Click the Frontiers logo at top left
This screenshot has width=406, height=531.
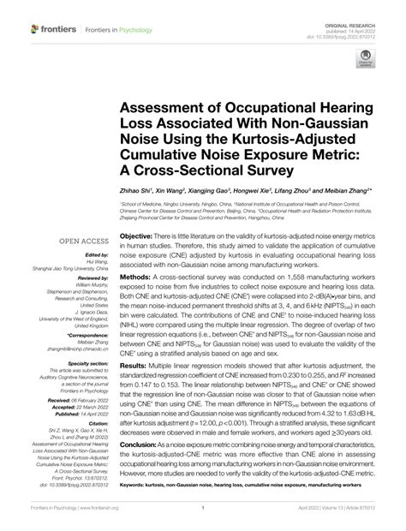coord(43,29)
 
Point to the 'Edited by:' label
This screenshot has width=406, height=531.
coord(95,256)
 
